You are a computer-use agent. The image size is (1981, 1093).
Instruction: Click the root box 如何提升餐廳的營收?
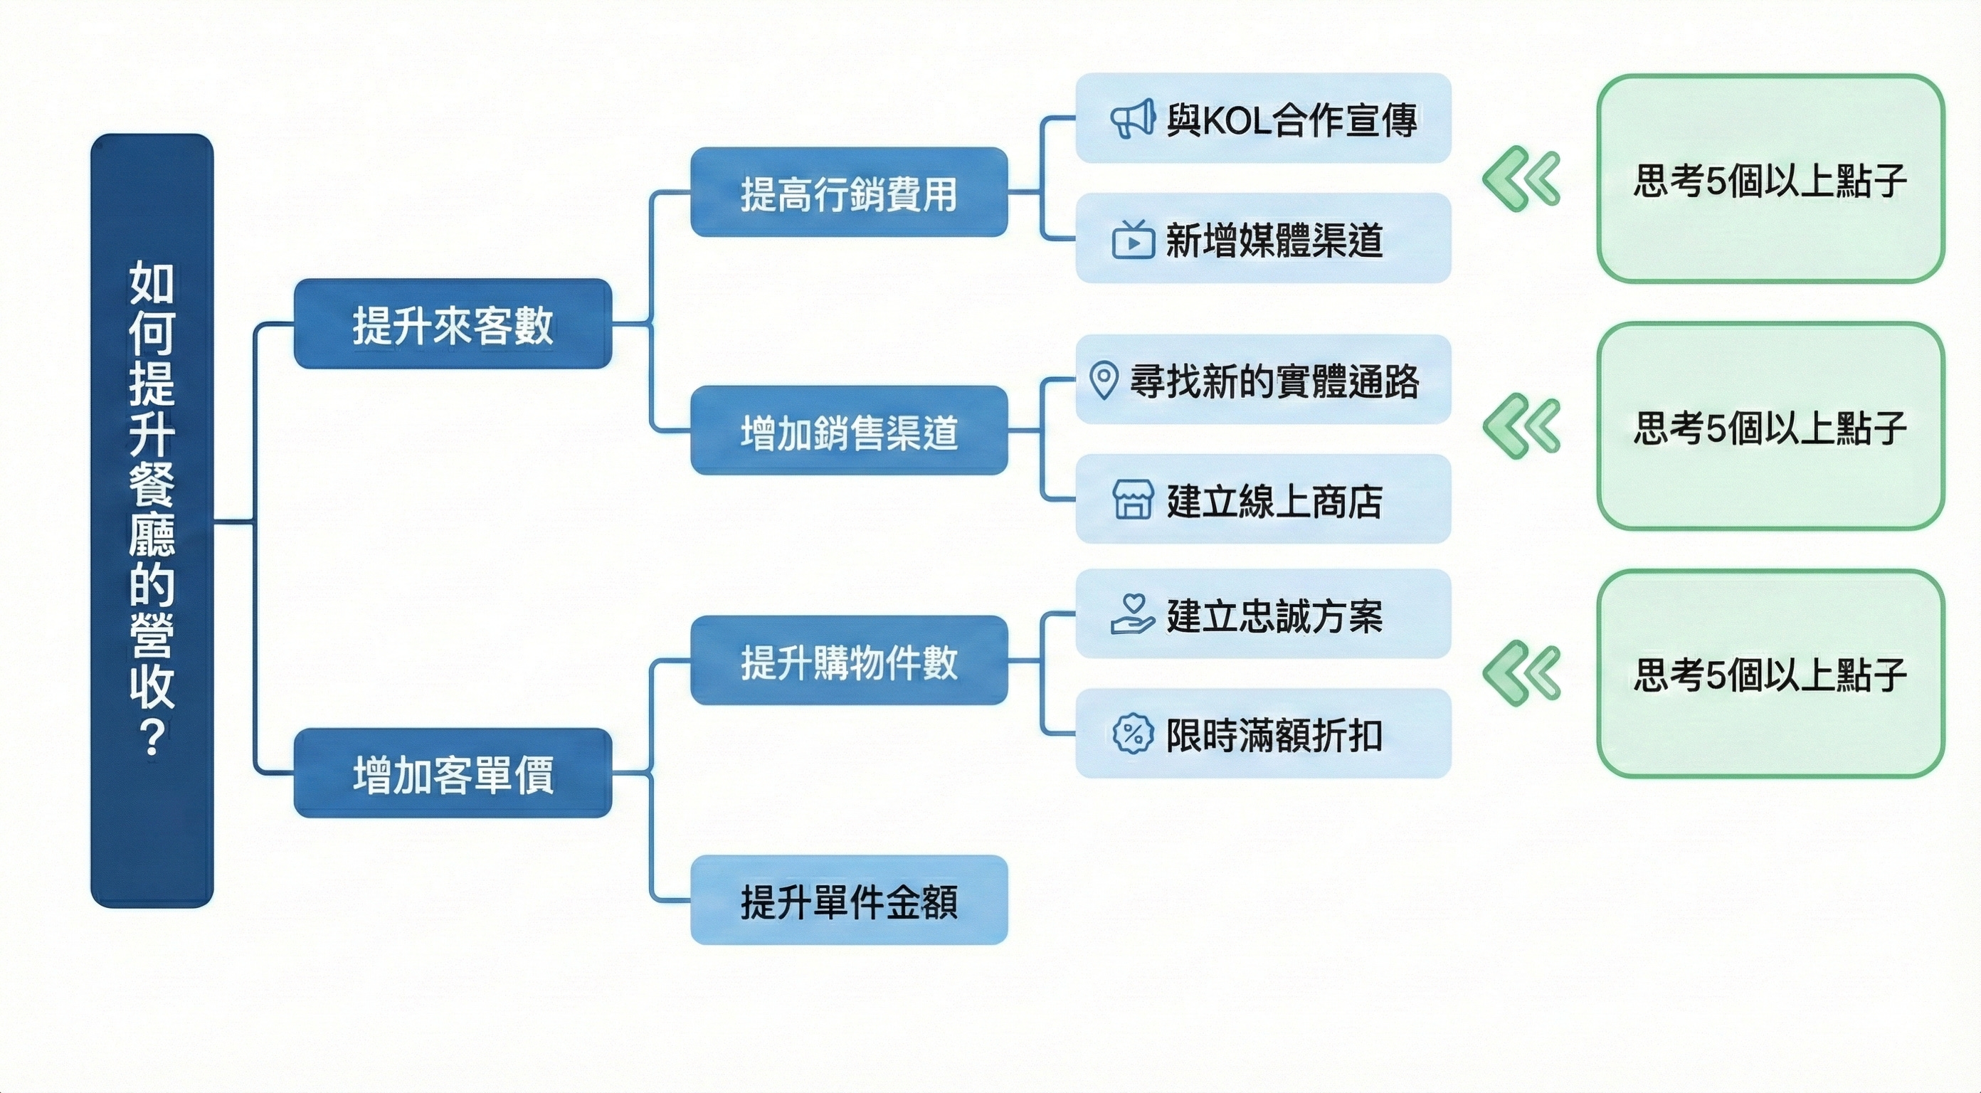click(x=152, y=520)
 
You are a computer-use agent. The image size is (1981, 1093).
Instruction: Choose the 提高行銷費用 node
click(x=848, y=192)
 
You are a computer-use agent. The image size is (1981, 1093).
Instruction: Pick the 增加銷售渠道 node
click(x=848, y=431)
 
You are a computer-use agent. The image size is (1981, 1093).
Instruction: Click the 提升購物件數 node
click(x=848, y=661)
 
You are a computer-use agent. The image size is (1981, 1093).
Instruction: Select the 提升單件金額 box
click(x=848, y=900)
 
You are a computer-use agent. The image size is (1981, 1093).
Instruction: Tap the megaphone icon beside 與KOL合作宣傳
click(x=1132, y=120)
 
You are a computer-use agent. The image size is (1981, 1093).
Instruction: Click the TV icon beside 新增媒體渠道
click(x=1133, y=239)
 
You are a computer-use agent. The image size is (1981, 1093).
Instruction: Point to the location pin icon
click(x=1104, y=380)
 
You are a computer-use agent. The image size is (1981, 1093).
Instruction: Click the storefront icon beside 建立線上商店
click(x=1133, y=500)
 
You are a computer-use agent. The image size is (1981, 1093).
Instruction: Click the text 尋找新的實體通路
click(x=1274, y=381)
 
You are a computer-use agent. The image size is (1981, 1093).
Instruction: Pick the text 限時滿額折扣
click(x=1274, y=734)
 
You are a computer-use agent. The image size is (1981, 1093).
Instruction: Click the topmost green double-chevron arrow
click(x=1521, y=179)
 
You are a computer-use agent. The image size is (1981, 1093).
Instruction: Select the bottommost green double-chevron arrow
click(x=1521, y=673)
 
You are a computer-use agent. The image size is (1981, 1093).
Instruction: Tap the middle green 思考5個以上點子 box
click(x=1770, y=427)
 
